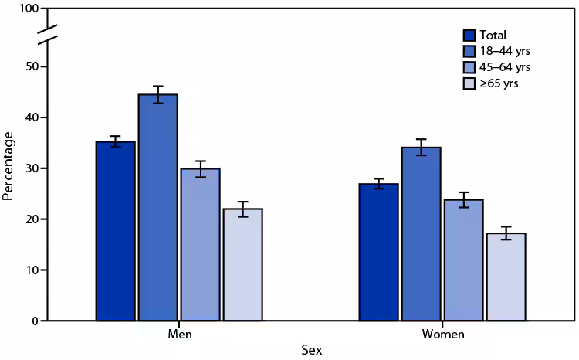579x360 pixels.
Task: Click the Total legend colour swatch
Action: point(469,35)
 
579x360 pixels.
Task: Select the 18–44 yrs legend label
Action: point(505,51)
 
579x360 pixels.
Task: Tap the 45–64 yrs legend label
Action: point(505,67)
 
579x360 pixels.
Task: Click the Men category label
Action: point(179,335)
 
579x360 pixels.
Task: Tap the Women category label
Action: point(442,335)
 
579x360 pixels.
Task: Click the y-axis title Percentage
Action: point(8,166)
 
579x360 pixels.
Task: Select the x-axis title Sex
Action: point(311,351)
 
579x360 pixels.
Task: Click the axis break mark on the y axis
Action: point(47,35)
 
